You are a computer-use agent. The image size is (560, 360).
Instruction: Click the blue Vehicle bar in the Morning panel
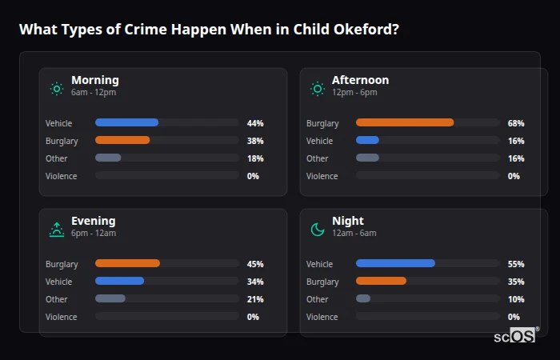tap(126, 123)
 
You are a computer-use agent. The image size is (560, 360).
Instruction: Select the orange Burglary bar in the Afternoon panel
tap(405, 123)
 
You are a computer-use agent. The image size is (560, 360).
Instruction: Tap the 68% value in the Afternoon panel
tap(516, 123)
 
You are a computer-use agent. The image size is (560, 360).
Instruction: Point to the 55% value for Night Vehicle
tap(516, 264)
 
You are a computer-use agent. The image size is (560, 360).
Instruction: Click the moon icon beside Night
tap(318, 230)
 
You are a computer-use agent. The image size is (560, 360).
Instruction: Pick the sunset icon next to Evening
tap(56, 230)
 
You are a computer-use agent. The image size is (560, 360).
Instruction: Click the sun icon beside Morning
tap(56, 89)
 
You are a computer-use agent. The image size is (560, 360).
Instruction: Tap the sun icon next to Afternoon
tap(318, 89)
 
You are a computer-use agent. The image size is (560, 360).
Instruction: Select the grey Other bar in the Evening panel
tap(110, 299)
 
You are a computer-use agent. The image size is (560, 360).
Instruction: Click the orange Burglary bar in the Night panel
tap(381, 282)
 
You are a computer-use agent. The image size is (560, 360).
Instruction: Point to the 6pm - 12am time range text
tap(94, 234)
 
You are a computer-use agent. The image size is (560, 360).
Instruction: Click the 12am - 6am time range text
tap(354, 234)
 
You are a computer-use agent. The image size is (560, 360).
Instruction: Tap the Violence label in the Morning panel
tap(62, 176)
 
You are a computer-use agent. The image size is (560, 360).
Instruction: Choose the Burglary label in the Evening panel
tap(62, 264)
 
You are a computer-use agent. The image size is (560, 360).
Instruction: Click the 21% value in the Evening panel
tap(255, 299)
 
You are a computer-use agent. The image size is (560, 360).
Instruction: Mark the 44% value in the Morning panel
tap(255, 123)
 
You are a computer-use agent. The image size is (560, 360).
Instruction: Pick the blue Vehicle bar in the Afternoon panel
tap(367, 141)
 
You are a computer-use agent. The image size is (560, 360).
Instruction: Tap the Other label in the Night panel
tap(318, 299)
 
